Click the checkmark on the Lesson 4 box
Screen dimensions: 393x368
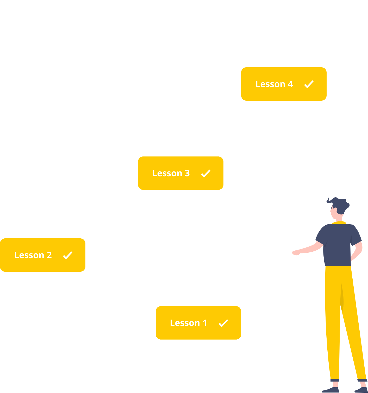[309, 84]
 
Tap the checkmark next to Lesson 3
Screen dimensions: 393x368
[206, 173]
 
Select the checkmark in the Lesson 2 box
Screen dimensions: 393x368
[68, 255]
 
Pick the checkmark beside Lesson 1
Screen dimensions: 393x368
[223, 323]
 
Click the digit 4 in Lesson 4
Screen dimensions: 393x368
[290, 84]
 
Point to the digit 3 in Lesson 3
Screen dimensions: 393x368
[187, 173]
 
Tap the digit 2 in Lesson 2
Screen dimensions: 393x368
[49, 255]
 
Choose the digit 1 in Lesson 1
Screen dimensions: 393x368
[205, 323]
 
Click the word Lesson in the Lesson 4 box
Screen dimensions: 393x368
[270, 84]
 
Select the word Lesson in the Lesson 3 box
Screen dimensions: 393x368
[167, 173]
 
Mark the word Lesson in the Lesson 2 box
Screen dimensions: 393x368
[29, 255]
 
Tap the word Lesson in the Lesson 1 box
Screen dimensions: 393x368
[185, 323]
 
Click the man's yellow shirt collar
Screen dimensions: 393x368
[339, 223]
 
